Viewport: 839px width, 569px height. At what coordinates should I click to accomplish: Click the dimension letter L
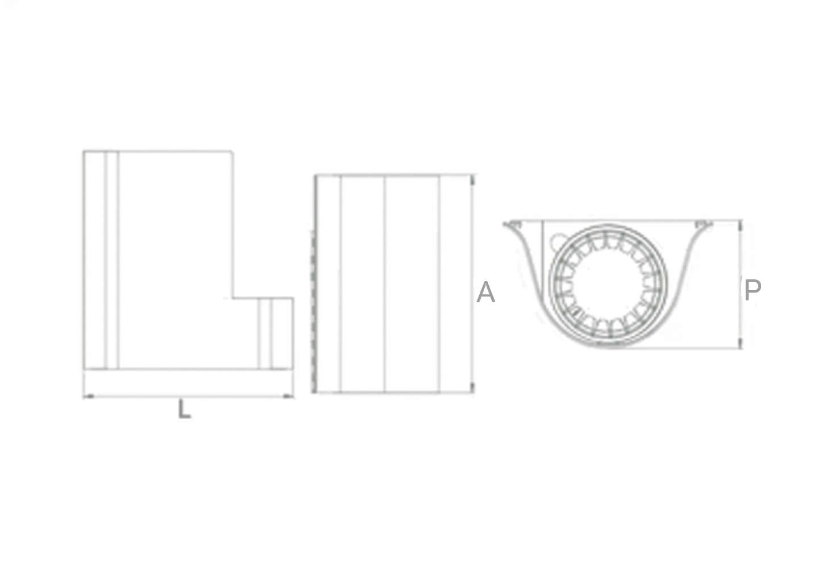click(184, 409)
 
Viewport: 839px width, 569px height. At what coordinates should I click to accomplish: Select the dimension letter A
click(486, 292)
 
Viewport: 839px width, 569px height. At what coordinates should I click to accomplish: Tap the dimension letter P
click(753, 290)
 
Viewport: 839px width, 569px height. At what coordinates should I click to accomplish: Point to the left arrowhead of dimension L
click(89, 396)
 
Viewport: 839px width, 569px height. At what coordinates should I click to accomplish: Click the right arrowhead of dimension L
click(288, 396)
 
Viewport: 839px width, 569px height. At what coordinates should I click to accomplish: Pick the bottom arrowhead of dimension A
click(473, 388)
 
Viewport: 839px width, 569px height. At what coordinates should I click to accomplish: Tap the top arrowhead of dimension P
click(741, 226)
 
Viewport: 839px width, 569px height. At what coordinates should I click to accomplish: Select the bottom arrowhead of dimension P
click(741, 343)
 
